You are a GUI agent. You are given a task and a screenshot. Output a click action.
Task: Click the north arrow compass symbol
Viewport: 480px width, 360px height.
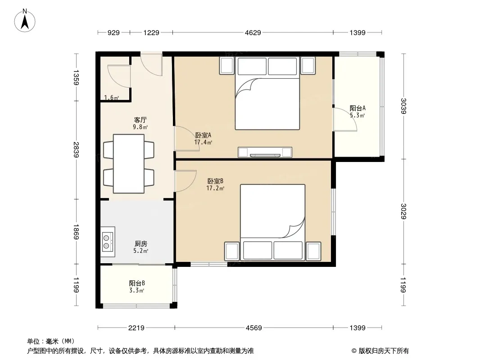pos(25,21)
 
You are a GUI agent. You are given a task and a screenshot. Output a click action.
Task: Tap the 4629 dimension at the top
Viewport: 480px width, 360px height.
pos(253,32)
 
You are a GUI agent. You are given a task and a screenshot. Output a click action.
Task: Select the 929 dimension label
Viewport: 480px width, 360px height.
pos(113,32)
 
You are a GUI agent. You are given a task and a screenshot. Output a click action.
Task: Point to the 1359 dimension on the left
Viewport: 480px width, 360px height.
pos(76,77)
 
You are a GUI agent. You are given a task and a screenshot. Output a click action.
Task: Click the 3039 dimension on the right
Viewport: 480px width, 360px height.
pos(404,106)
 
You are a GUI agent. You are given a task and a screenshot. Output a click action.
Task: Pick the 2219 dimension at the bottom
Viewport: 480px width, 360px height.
pos(136,328)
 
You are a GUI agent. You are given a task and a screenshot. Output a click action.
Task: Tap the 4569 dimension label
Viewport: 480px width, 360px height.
pos(254,328)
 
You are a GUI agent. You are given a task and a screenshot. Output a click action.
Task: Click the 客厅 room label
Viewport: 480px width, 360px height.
pos(140,120)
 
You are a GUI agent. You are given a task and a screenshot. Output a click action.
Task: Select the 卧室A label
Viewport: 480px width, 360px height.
pos(203,135)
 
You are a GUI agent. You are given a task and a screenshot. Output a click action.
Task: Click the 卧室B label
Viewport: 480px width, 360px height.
pos(215,181)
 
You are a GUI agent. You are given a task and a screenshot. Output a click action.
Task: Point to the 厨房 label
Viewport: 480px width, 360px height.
pos(141,244)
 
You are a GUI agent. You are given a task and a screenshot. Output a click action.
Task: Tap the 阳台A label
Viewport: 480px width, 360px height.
pos(358,108)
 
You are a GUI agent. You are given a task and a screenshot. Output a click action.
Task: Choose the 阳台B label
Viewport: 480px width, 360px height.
pos(137,283)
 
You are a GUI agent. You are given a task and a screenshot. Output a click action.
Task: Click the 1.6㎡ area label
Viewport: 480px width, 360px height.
pos(111,98)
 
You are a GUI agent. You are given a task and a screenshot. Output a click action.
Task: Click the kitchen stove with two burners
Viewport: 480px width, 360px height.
pos(108,242)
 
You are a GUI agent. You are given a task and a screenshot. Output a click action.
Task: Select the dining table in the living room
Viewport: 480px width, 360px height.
pos(129,164)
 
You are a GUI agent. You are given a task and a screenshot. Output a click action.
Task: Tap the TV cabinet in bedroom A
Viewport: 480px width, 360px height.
pos(265,152)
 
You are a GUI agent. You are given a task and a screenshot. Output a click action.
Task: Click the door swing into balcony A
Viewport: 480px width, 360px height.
pos(345,119)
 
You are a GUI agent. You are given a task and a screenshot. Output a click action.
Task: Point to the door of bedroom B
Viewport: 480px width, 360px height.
pos(185,181)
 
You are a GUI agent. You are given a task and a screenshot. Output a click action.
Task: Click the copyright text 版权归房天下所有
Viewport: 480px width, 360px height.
pos(384,351)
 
